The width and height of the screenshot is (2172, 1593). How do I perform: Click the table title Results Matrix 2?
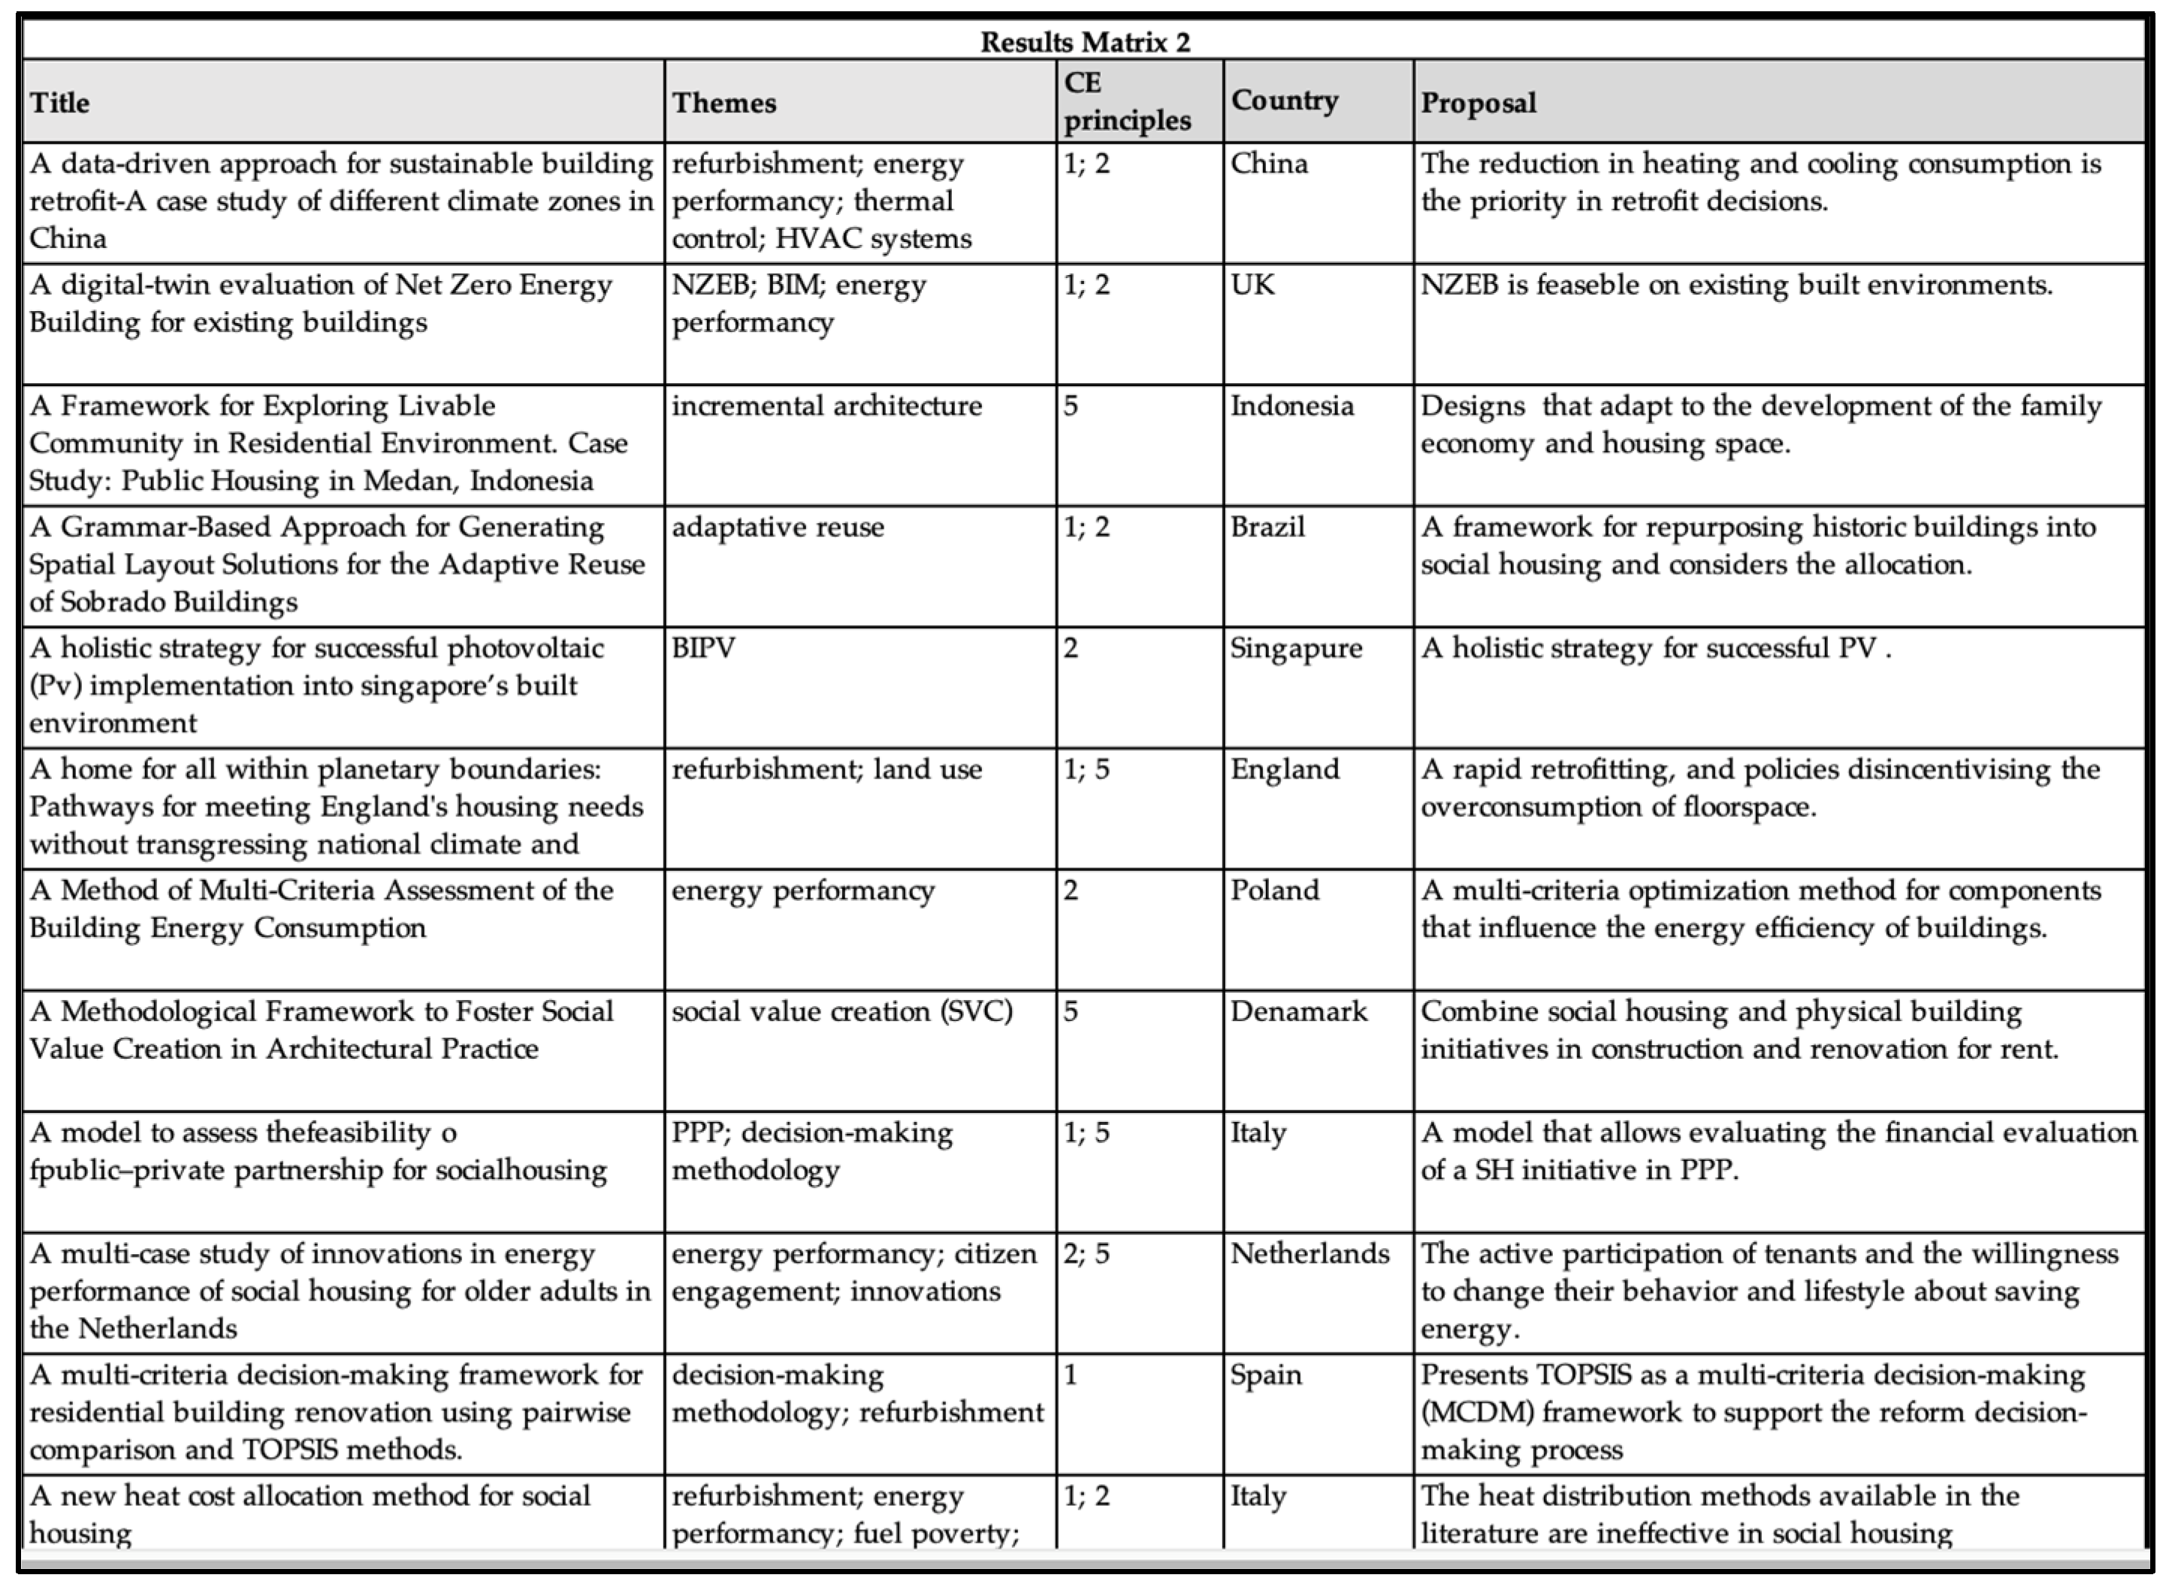1085,42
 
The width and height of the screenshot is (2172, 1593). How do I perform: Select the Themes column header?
724,103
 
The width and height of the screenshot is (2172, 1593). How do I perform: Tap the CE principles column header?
1127,101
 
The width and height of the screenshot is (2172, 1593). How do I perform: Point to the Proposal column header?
1478,103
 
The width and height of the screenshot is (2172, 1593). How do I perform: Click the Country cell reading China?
1269,164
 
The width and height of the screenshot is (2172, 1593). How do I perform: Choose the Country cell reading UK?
1252,286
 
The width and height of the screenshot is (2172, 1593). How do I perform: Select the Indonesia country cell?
1291,406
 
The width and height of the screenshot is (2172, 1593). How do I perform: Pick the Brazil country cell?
1267,527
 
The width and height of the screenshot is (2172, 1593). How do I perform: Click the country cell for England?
1285,769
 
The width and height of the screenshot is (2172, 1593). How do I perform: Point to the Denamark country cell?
1298,1011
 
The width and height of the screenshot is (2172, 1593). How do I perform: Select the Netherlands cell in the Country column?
1310,1253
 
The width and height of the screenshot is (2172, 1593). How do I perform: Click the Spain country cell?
1266,1375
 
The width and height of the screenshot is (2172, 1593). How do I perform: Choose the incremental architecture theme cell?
826,406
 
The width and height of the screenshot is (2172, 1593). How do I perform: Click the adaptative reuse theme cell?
777,527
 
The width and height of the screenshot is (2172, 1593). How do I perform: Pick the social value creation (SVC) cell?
841,1011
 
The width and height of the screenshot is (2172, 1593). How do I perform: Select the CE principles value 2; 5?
1086,1253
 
